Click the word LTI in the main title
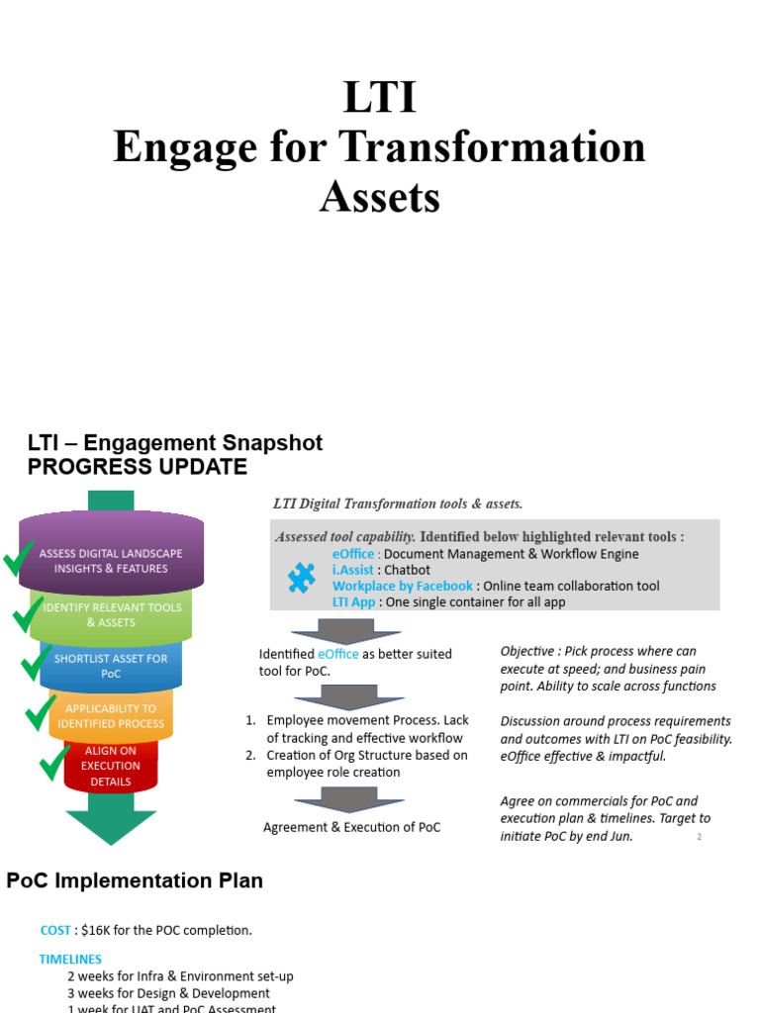[x=379, y=99]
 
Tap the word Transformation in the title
[x=492, y=148]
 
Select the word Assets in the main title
[x=379, y=198]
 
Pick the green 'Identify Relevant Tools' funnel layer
[x=111, y=614]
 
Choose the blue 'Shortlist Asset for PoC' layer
[x=111, y=666]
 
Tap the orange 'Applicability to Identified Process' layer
[x=111, y=716]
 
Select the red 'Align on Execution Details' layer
[x=111, y=766]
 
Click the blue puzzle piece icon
[x=302, y=578]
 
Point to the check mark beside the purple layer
[x=19, y=560]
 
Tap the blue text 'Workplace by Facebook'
[x=403, y=586]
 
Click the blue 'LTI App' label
[x=353, y=601]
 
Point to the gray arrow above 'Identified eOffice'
[x=345, y=631]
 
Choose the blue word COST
[x=55, y=930]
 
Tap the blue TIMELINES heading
[x=70, y=959]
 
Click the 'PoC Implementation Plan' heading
[x=135, y=880]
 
